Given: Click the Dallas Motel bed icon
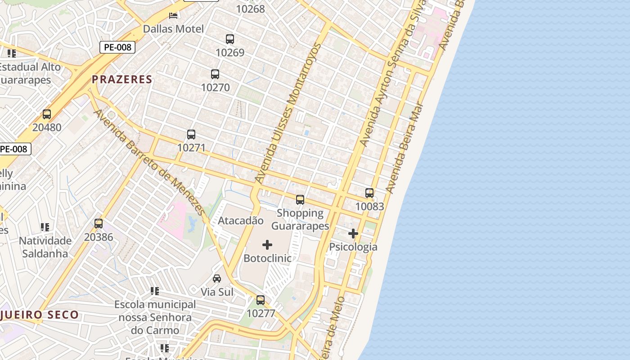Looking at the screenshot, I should [x=173, y=16].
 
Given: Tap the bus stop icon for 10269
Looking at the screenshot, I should [x=230, y=39].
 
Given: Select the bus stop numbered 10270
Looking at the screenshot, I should [x=215, y=74].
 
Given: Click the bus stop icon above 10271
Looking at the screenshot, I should [x=191, y=135].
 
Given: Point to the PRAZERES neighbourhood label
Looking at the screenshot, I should [x=122, y=80].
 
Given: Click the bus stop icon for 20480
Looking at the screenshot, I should [x=47, y=114].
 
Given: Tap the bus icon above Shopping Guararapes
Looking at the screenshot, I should [x=300, y=200].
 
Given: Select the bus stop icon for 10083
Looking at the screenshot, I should [x=369, y=193].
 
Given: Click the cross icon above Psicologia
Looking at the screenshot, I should [x=353, y=234].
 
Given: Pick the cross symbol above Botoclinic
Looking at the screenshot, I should [x=267, y=245].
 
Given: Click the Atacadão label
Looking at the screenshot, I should [x=240, y=220].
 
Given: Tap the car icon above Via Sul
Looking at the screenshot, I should [x=217, y=279].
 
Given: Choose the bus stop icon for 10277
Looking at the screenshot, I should [x=261, y=300].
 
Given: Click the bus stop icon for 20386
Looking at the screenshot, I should [x=99, y=224].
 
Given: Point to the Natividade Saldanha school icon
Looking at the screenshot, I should [x=45, y=227].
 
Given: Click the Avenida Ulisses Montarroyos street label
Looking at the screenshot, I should [x=288, y=112].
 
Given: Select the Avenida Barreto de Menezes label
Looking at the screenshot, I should [x=148, y=162].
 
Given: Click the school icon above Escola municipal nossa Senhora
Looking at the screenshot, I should [x=155, y=291].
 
